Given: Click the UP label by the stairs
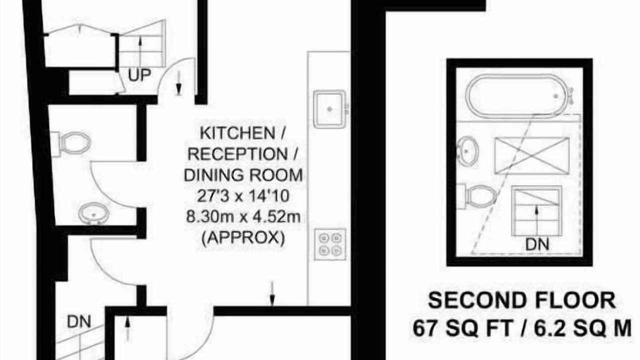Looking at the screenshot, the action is point(139,75).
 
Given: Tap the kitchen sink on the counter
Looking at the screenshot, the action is point(330,109).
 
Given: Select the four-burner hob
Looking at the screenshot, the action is point(330,244).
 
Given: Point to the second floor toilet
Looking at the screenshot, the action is point(476,197).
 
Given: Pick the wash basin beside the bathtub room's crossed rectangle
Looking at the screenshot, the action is point(468,151).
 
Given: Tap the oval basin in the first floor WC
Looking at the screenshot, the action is point(93,213).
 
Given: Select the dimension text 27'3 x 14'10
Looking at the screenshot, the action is point(243,196).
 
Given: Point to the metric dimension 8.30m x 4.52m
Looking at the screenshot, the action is point(243,217).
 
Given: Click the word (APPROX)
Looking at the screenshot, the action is point(243,237).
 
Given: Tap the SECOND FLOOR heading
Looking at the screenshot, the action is point(521,300).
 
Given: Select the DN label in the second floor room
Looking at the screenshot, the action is point(537,245).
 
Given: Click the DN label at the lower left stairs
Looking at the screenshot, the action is point(79,321).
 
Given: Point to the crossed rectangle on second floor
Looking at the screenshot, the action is point(531,155).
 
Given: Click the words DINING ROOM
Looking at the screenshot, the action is point(243,175).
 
